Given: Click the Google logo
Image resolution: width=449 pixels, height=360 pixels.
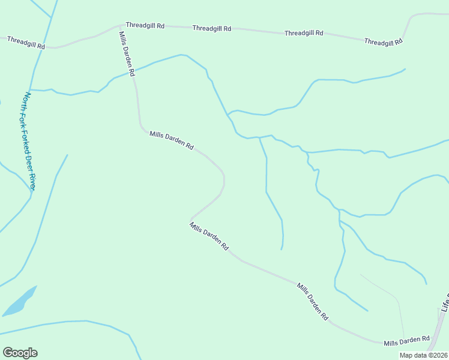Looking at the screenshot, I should pyautogui.click(x=20, y=353).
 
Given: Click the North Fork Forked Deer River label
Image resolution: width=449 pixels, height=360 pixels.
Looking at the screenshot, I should pyautogui.click(x=30, y=142).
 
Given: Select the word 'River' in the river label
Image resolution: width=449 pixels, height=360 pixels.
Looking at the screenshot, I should pyautogui.click(x=32, y=181).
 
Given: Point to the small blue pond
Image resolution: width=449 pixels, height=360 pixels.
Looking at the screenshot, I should pyautogui.click(x=20, y=302).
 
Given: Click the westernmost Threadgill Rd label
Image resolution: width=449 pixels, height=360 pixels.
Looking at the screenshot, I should pyautogui.click(x=26, y=42).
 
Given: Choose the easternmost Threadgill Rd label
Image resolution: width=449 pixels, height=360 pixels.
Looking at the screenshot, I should pyautogui.click(x=384, y=42).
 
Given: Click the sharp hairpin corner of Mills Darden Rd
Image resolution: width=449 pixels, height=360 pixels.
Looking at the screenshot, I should pyautogui.click(x=191, y=219).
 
